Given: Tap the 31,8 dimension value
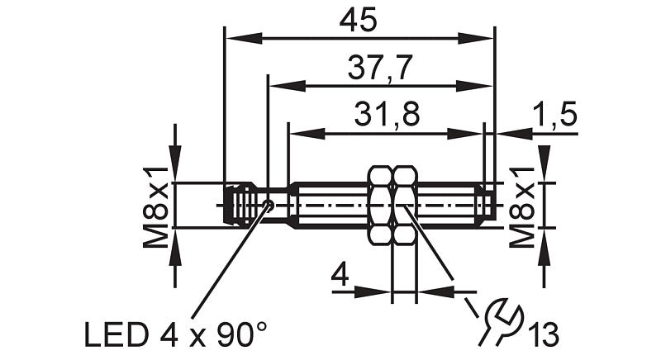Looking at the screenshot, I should pos(386,116).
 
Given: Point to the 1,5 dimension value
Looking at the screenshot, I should pos(554,116).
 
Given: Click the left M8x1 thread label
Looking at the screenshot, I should pos(157,205).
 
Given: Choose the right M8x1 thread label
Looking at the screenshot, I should pos(521,205).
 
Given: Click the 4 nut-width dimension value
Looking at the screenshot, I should pos(339,273).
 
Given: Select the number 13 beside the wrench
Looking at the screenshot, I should pos(544,335).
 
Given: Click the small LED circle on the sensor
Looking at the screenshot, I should pos(267,204).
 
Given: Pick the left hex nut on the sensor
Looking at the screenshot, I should pos(379,204).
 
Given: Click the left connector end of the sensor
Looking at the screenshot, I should pos(236,204).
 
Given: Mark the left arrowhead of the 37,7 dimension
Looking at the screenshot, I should pos(278,84).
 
